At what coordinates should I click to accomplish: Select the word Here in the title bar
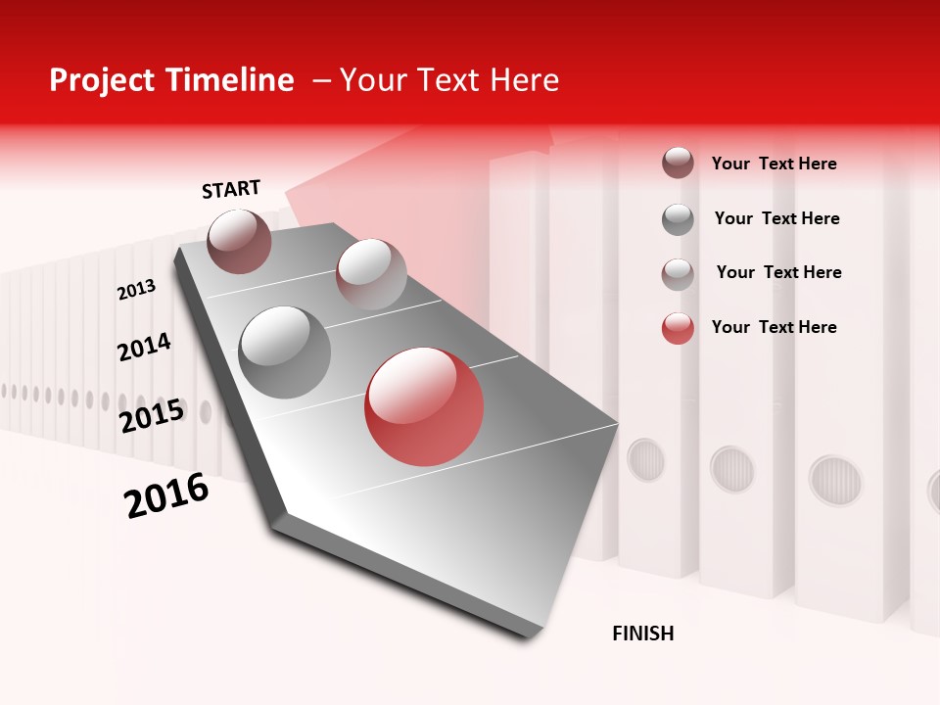524,80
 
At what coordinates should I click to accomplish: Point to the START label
231,189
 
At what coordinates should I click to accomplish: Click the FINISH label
642,634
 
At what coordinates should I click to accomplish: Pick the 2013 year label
136,290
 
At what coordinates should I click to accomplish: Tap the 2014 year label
144,347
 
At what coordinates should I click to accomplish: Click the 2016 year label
166,495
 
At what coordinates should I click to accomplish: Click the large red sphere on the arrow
424,406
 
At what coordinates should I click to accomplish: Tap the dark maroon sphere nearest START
239,241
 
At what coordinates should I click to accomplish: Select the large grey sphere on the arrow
285,352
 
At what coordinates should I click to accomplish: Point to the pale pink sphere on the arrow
371,273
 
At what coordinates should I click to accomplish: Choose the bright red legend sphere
678,328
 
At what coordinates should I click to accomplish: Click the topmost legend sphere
678,163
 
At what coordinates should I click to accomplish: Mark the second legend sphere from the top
678,218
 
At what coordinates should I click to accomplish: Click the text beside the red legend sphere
774,327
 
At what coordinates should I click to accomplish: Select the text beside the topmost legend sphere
774,164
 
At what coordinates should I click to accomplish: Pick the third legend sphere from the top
678,273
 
